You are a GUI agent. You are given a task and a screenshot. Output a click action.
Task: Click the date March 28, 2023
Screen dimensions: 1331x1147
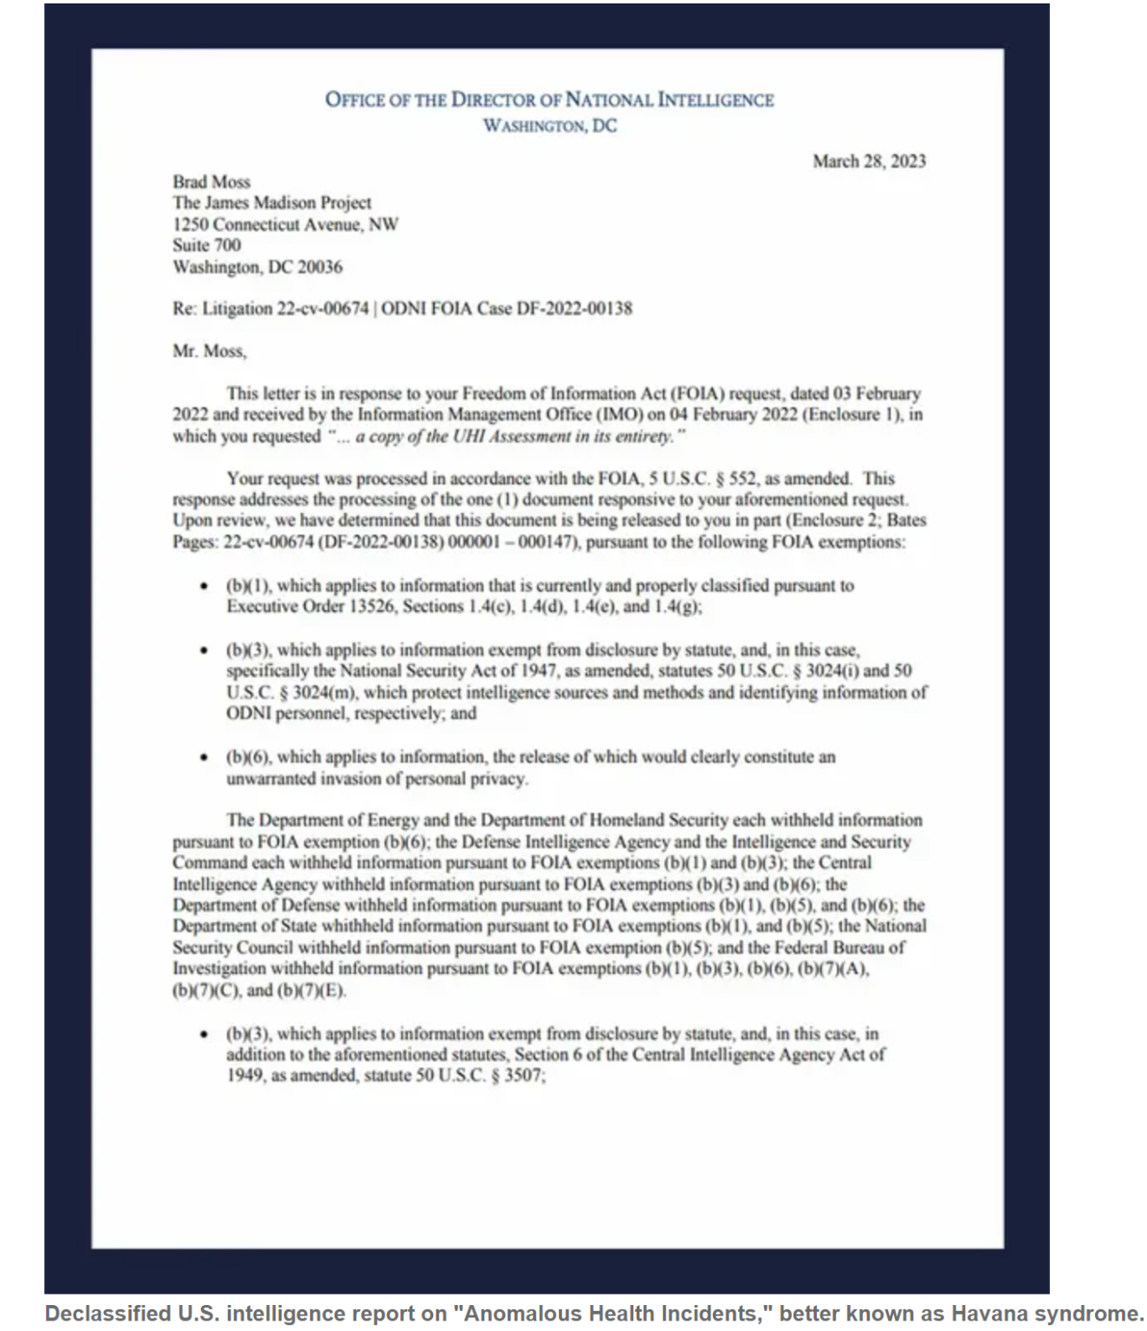point(869,161)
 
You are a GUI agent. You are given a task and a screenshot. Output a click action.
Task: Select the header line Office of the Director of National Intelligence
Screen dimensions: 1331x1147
point(549,100)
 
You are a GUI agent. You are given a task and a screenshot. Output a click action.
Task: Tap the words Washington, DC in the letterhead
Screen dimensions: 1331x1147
point(550,126)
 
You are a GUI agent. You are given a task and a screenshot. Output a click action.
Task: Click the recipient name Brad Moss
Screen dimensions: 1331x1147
point(211,182)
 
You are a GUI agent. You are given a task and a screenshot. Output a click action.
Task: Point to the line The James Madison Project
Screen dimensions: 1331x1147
point(272,203)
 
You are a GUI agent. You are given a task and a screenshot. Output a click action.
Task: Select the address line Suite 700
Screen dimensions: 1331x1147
point(207,245)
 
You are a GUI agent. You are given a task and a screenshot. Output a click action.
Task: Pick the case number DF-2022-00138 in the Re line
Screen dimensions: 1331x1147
point(574,308)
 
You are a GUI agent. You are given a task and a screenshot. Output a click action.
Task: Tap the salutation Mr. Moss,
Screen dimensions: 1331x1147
point(210,351)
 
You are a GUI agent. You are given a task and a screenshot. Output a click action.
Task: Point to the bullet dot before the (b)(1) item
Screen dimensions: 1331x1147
point(204,587)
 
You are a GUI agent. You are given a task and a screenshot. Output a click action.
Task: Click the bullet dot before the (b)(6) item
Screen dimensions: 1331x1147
point(204,757)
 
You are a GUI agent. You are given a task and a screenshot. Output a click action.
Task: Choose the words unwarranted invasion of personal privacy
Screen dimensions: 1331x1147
point(377,779)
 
